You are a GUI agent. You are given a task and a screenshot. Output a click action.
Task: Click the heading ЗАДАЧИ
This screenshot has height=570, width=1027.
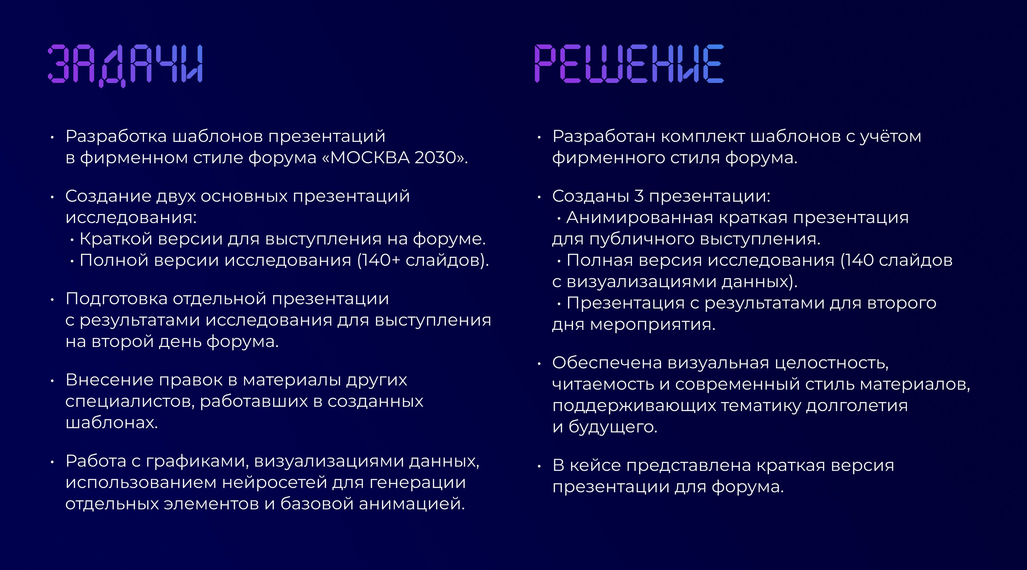click(125, 64)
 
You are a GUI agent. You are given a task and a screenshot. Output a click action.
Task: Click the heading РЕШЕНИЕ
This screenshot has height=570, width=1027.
click(629, 64)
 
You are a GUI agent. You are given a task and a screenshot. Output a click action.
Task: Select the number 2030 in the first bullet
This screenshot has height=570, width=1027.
click(435, 158)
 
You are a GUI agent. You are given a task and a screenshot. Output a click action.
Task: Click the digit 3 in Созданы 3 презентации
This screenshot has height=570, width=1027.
click(639, 196)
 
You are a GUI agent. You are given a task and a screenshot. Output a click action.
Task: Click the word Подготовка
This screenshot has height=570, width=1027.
click(117, 299)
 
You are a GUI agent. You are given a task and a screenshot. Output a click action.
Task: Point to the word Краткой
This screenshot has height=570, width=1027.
click(117, 239)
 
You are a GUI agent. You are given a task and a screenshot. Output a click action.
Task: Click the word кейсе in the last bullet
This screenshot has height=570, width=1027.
click(595, 465)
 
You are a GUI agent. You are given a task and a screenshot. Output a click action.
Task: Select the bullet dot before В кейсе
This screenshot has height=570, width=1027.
click(539, 466)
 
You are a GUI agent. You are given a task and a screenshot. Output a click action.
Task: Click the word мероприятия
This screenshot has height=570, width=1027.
click(653, 325)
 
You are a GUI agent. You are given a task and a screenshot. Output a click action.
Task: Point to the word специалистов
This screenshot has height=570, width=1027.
click(130, 401)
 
